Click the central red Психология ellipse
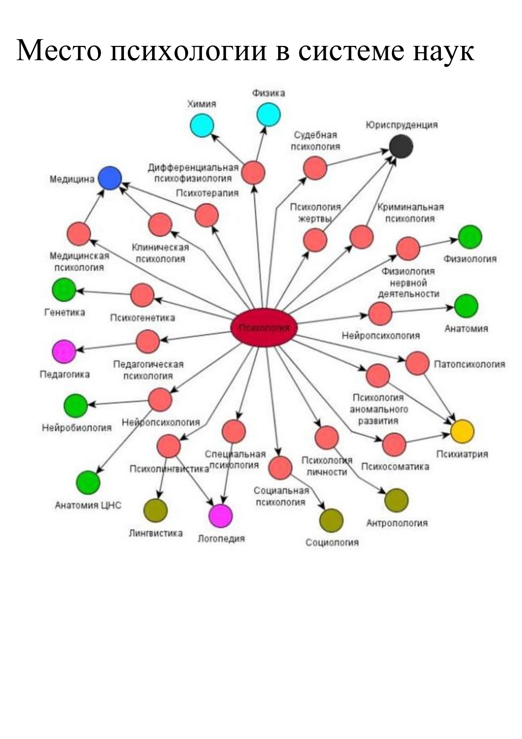click(264, 328)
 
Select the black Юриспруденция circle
click(401, 147)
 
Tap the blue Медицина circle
click(110, 178)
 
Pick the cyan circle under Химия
click(202, 125)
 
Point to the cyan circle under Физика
click(269, 114)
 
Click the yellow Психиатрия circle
click(462, 431)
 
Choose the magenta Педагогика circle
click(64, 351)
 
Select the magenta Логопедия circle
click(221, 515)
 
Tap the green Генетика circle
click(64, 290)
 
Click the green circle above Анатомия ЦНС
click(88, 483)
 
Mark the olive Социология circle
click(331, 520)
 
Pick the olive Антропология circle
click(397, 500)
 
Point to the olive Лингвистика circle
click(155, 510)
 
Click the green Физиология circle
click(470, 237)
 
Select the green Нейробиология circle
click(76, 406)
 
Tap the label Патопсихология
click(469, 364)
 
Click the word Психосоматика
click(395, 467)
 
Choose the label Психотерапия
click(207, 193)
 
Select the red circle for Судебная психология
click(315, 168)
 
